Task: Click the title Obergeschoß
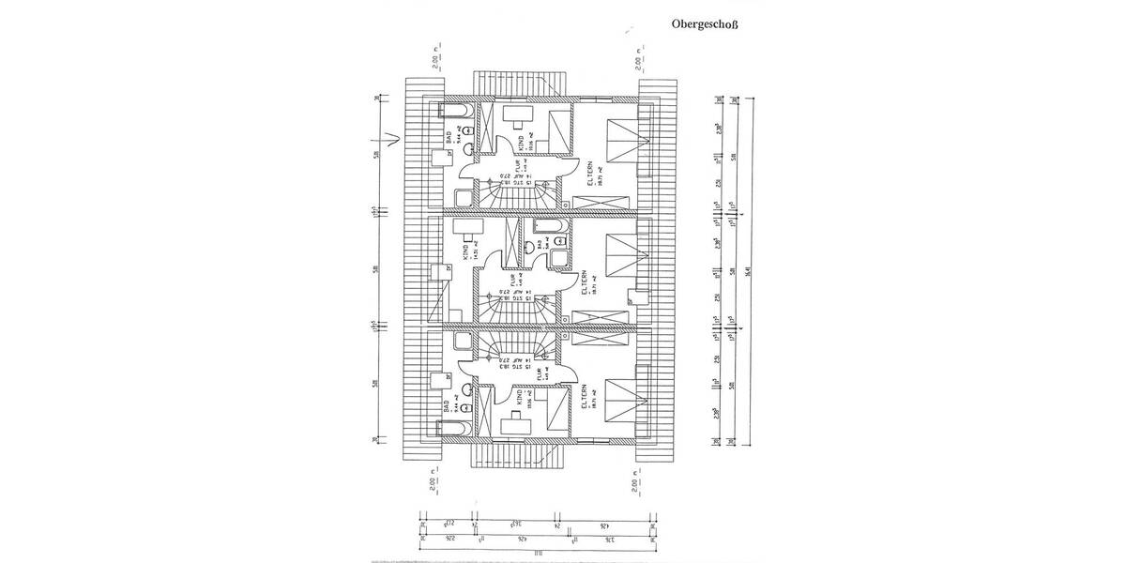[704, 25]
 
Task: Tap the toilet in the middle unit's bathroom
[531, 248]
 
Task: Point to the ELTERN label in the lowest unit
[586, 398]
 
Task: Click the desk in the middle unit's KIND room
[469, 227]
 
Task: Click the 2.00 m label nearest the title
[639, 62]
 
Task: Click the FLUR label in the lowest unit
[538, 377]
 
